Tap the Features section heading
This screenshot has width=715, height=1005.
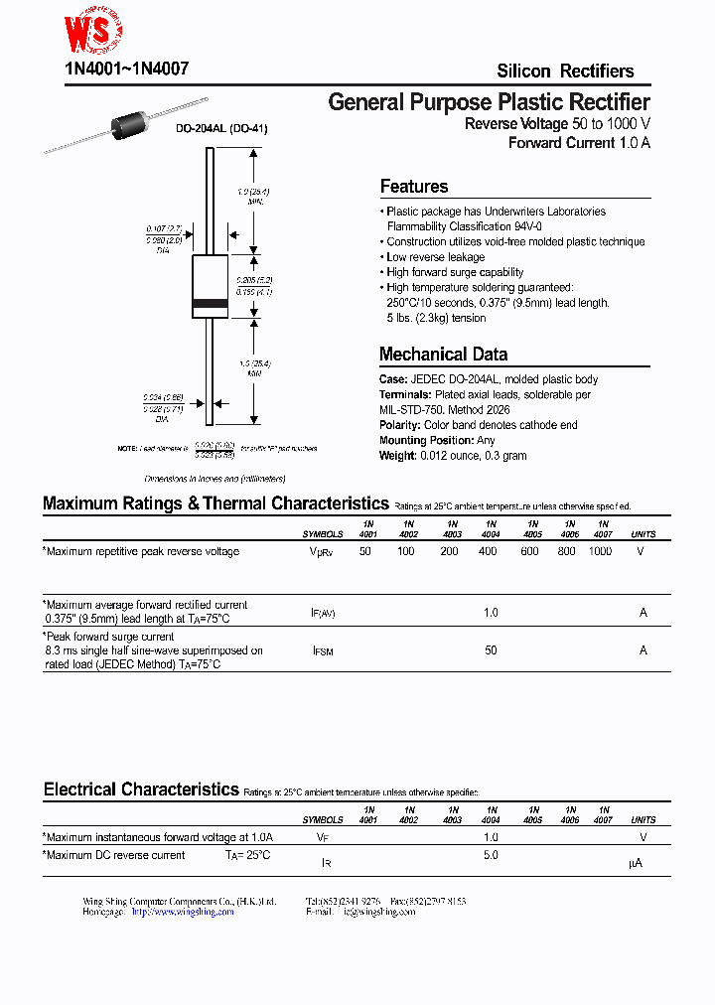[414, 187]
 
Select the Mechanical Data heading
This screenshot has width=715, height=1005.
[443, 355]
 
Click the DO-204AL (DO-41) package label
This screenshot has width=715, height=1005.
[221, 129]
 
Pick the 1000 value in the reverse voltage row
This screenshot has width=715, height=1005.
[600, 551]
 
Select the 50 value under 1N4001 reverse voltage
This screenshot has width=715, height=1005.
[365, 551]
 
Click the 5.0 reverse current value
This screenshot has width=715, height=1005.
[491, 855]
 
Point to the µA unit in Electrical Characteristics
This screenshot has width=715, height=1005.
[637, 864]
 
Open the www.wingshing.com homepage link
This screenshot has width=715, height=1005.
[183, 912]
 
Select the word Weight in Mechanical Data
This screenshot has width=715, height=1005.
[397, 456]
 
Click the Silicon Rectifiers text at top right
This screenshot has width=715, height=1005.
[565, 71]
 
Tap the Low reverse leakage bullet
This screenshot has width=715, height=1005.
[435, 257]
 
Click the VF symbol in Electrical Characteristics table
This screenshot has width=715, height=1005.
[322, 838]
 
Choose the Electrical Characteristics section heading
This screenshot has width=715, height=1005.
[141, 790]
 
